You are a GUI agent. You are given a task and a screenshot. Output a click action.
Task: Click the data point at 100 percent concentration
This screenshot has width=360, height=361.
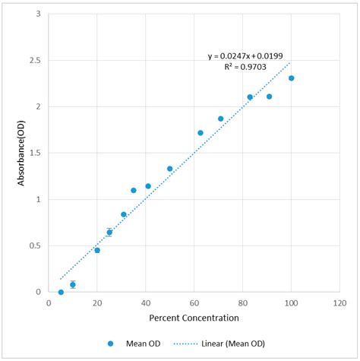coord(291,78)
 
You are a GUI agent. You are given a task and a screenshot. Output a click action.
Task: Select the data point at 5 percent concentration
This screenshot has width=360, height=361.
coord(61,292)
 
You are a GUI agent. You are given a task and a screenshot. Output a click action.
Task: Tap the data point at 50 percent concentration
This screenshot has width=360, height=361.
coord(169,169)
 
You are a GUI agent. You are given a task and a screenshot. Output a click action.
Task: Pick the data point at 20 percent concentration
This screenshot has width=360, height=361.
coord(97,250)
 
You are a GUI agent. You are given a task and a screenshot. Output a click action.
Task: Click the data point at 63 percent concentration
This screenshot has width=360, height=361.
coord(201,133)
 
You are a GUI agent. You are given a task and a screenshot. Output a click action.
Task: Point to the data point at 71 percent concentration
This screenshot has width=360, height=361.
coord(221,119)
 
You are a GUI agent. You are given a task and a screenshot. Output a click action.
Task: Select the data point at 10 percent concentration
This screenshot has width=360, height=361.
coord(73,284)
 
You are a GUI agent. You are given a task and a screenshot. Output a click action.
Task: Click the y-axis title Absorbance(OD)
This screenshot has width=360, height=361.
coord(22,153)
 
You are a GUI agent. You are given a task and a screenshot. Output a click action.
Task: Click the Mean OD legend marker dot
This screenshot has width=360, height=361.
coord(113,344)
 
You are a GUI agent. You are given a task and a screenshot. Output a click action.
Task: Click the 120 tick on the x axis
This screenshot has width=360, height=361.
coord(339,302)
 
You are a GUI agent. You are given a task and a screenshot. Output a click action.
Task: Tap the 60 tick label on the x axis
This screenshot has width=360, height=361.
coord(194,302)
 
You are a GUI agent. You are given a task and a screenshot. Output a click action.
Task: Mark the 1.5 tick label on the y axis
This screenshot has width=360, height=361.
coord(36,153)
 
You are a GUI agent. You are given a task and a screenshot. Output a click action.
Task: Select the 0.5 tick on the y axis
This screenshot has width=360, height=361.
coord(36,245)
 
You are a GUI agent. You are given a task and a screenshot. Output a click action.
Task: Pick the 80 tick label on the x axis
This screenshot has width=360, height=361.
coord(242,302)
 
